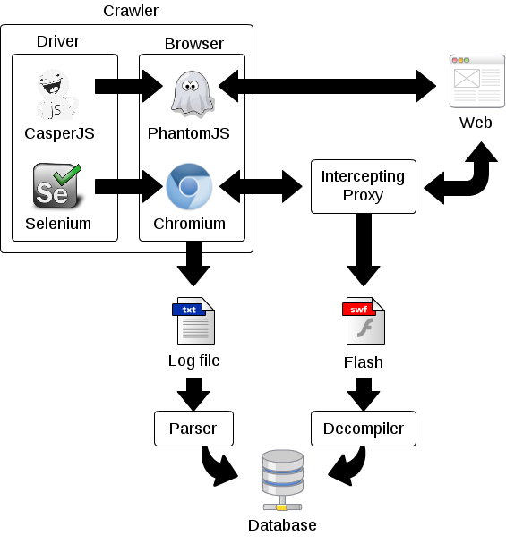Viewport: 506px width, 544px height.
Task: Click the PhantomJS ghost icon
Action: click(x=192, y=94)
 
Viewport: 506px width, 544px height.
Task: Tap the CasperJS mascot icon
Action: click(x=56, y=94)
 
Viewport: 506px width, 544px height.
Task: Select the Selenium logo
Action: click(x=57, y=186)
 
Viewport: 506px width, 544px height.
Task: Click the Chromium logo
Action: click(x=189, y=186)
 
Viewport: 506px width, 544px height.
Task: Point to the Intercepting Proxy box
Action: click(x=364, y=186)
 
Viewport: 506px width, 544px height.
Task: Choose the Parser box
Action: click(x=193, y=429)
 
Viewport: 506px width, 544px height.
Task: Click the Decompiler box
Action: click(x=364, y=429)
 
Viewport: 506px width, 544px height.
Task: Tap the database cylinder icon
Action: click(x=282, y=480)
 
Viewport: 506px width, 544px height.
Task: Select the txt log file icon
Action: click(x=193, y=321)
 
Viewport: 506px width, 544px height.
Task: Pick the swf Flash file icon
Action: click(x=364, y=321)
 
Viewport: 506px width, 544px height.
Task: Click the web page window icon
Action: click(x=476, y=81)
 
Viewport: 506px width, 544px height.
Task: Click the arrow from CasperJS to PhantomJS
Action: click(x=129, y=86)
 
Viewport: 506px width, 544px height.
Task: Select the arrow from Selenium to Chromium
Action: click(x=129, y=186)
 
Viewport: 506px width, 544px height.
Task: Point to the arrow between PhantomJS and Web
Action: click(x=327, y=86)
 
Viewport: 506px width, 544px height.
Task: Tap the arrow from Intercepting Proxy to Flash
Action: click(x=364, y=250)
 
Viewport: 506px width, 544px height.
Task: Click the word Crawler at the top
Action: click(x=131, y=11)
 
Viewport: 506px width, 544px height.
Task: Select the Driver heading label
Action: click(x=58, y=41)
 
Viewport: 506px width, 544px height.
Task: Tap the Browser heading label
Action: click(x=194, y=44)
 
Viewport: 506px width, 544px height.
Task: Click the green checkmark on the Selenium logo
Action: click(x=68, y=174)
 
